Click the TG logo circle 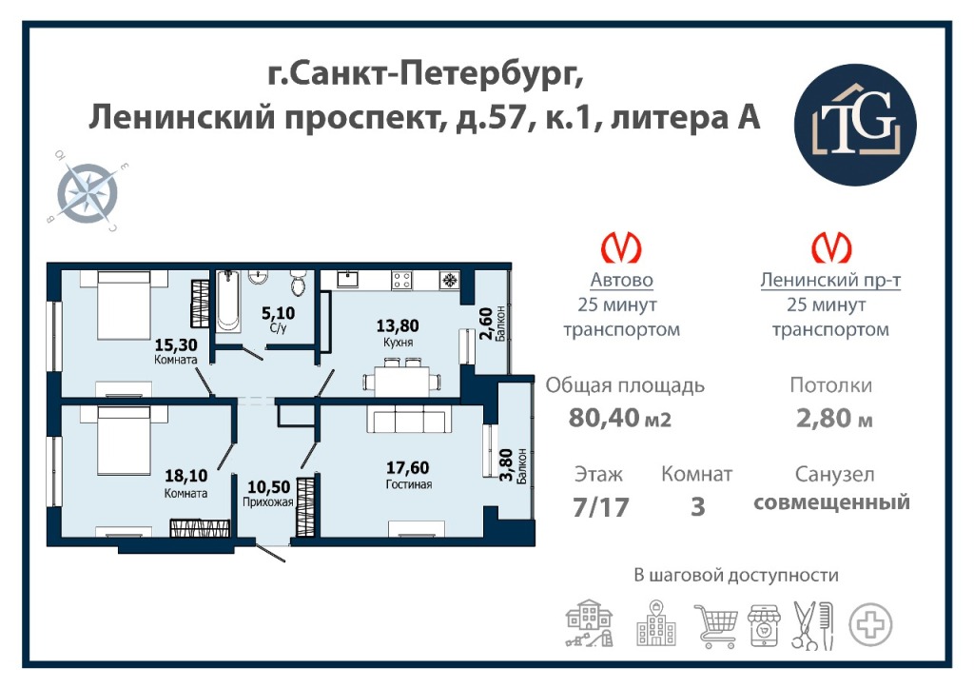tap(855, 125)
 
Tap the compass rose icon tap(88, 192)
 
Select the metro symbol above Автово tap(621, 247)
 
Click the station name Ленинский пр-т tap(830, 281)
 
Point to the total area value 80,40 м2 tap(620, 418)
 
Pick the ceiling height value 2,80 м tap(834, 418)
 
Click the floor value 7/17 tap(601, 506)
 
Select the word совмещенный tap(831, 501)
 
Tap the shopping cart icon tap(717, 625)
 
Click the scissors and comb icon tap(812, 625)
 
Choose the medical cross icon tap(871, 624)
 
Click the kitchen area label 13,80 tap(398, 325)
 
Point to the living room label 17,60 tap(407, 467)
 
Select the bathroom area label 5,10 tap(278, 313)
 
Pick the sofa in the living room tap(408, 419)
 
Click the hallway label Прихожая tap(267, 502)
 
